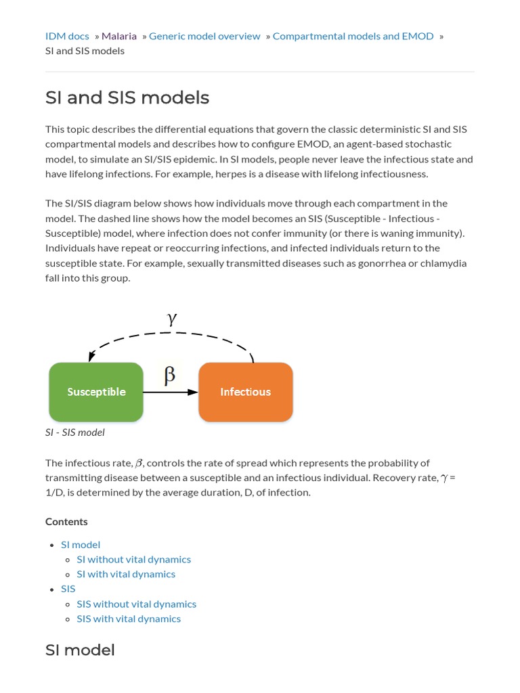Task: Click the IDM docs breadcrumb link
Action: (67, 36)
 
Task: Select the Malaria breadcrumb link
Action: (119, 36)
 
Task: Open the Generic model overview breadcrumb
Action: (204, 36)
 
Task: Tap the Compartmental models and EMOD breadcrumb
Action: (353, 36)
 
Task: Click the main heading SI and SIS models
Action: (127, 97)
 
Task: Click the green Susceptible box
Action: (96, 392)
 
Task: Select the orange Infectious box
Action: (245, 392)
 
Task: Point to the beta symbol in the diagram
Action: (170, 374)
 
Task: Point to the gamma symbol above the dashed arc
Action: (172, 319)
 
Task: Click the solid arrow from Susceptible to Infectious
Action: (171, 392)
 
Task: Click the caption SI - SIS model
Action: (75, 432)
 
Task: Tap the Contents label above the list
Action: (66, 521)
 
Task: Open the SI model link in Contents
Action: (81, 544)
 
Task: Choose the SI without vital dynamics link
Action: (133, 559)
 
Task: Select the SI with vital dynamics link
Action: (126, 574)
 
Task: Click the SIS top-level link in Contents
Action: (68, 589)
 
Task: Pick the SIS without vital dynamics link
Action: (136, 604)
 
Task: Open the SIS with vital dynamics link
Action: (129, 619)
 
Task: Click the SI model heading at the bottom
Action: (80, 650)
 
